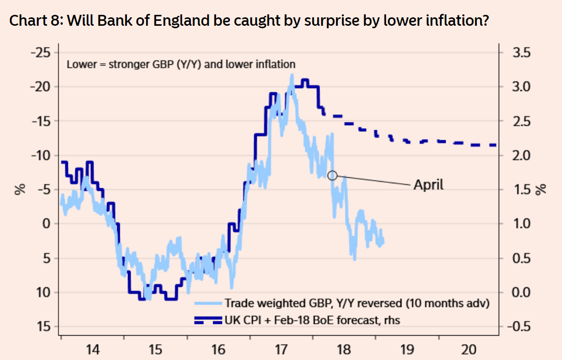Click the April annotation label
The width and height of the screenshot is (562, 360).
(x=429, y=185)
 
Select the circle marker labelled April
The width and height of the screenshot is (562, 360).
(x=333, y=175)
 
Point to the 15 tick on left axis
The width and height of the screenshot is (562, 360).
(x=44, y=326)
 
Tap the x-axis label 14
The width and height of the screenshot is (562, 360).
(x=93, y=350)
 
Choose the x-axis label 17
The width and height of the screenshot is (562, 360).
(x=281, y=350)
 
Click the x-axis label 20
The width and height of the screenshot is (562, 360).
(x=468, y=350)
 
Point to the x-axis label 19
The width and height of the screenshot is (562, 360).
(x=406, y=350)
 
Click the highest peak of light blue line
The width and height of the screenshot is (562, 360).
(x=292, y=75)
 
